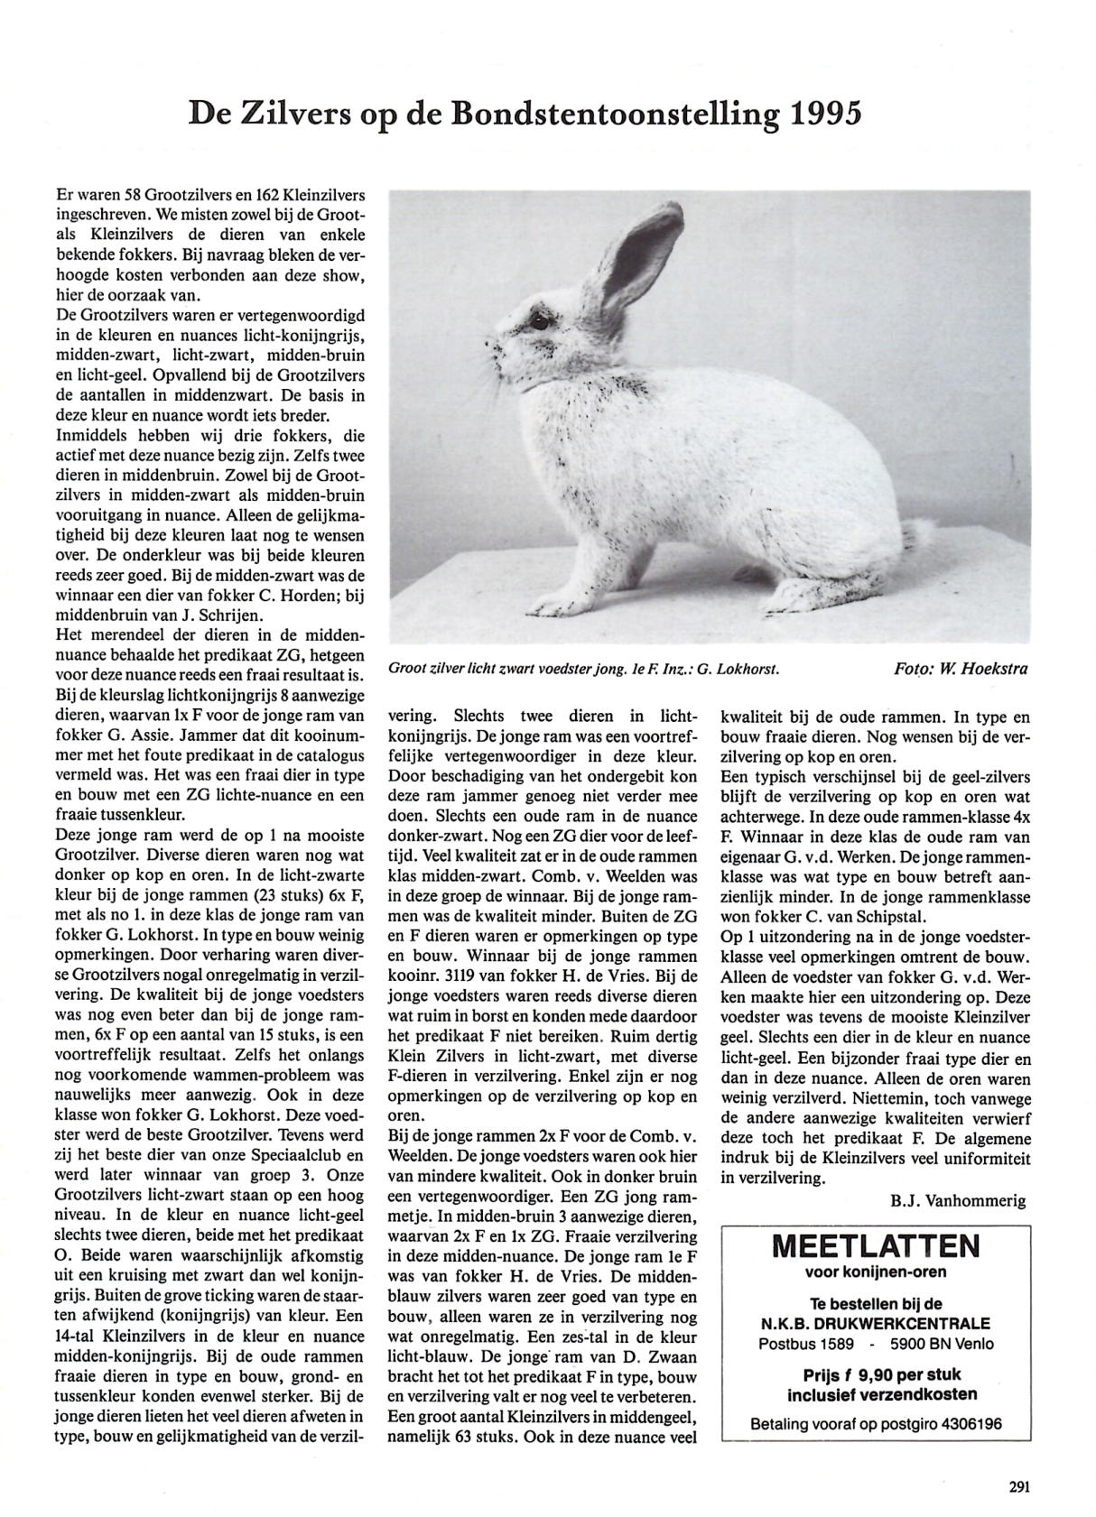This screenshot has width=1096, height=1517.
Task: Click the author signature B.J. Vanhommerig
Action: click(958, 1200)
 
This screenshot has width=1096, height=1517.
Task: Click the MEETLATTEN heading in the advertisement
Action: click(876, 1247)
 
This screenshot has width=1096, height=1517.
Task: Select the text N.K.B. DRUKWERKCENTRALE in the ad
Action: click(875, 1324)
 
